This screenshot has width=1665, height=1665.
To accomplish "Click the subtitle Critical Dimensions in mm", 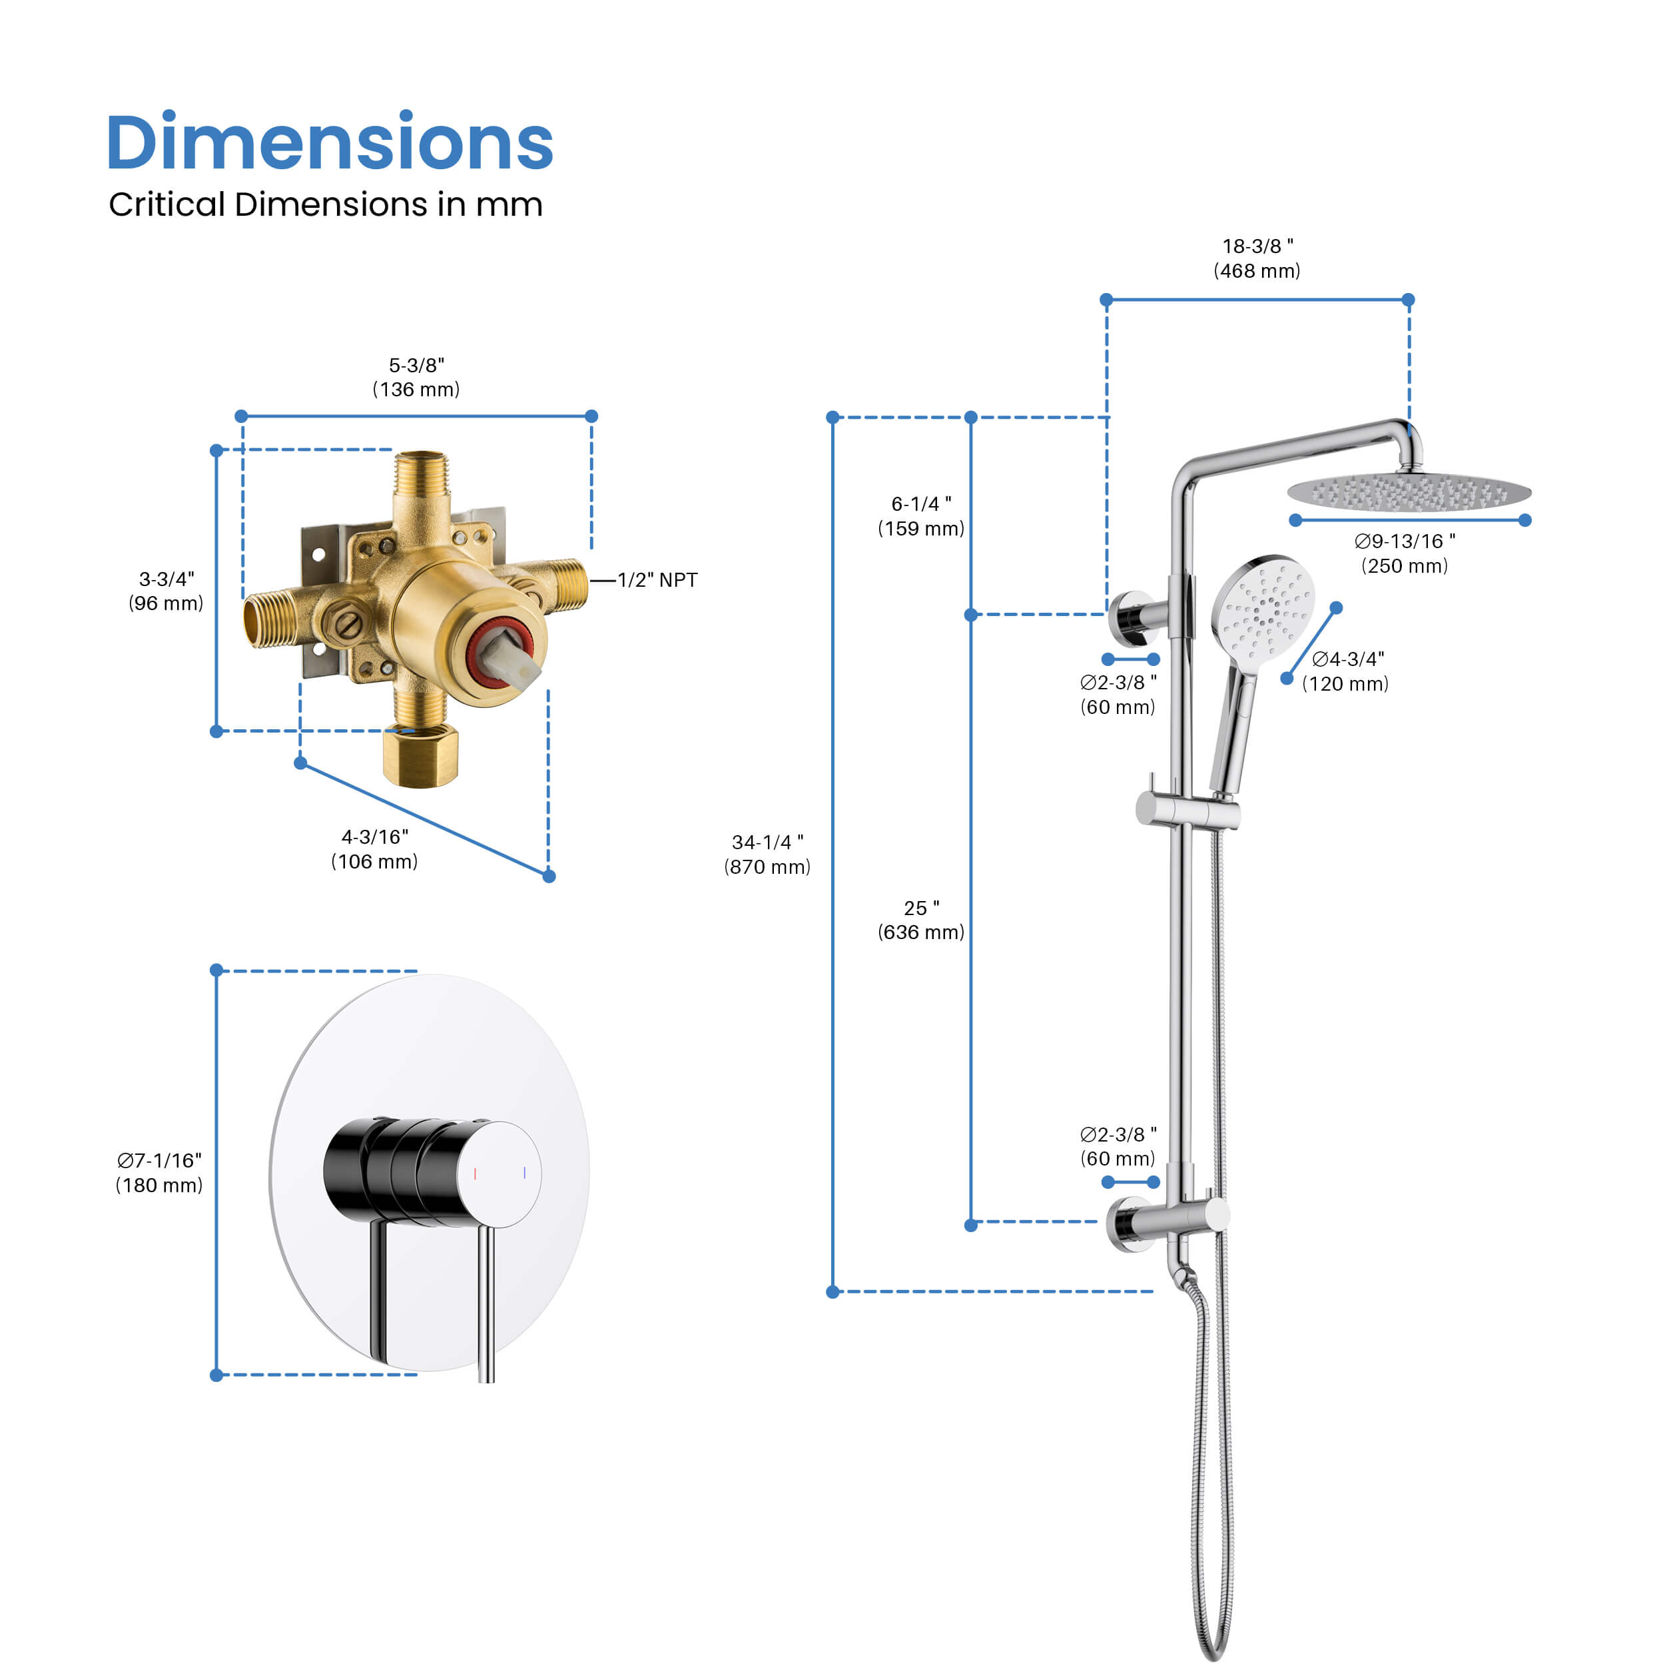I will [x=325, y=204].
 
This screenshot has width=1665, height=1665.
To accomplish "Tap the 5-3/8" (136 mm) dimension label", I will [x=416, y=378].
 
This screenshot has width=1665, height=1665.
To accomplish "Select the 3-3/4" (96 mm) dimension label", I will [x=166, y=591].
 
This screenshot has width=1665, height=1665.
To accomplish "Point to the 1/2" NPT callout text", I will [x=657, y=580].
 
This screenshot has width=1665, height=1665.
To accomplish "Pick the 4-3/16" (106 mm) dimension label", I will [x=375, y=849].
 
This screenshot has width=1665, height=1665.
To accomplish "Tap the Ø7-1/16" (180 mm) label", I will [x=159, y=1173].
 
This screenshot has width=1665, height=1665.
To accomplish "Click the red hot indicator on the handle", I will [x=475, y=1173].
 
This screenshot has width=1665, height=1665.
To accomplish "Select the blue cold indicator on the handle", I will [x=525, y=1172].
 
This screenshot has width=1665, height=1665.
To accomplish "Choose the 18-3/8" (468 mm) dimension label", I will [x=1257, y=258].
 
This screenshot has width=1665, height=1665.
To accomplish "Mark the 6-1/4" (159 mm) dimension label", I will [x=921, y=516].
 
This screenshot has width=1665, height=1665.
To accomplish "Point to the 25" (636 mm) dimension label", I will [x=921, y=920].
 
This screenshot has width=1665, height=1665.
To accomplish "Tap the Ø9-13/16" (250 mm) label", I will [x=1405, y=553].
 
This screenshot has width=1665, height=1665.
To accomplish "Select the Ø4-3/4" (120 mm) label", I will [x=1346, y=671].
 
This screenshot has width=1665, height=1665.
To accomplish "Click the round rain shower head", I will [x=1409, y=492].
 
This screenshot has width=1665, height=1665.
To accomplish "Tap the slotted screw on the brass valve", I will [x=348, y=625].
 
